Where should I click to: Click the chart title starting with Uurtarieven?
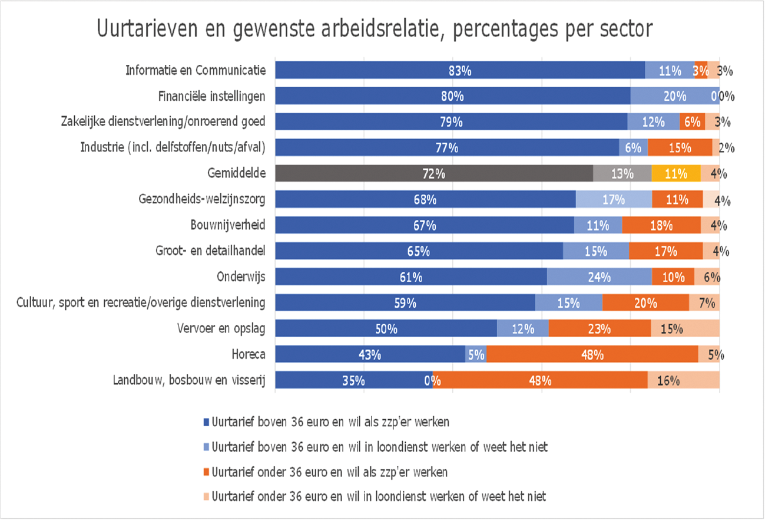tap(375, 29)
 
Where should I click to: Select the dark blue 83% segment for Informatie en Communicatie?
tap(459, 70)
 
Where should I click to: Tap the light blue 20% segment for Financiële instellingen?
tap(674, 96)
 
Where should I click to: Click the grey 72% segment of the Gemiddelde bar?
tap(434, 173)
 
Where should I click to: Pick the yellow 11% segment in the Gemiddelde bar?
tap(676, 173)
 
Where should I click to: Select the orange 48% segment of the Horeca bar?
tap(592, 355)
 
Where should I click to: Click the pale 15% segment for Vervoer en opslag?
tap(684, 329)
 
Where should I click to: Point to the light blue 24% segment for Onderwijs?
tap(599, 277)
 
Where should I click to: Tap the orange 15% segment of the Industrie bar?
tap(680, 147)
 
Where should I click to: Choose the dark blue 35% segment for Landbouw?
tap(354, 380)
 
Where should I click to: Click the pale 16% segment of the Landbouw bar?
tap(683, 380)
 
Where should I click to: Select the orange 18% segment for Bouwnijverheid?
tap(661, 225)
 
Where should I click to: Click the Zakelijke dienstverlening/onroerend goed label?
tap(163, 122)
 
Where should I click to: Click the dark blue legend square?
tap(206, 422)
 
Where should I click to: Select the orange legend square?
tap(206, 472)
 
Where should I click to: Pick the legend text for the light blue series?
tap(379, 447)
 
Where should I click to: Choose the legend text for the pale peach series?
tap(379, 496)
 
